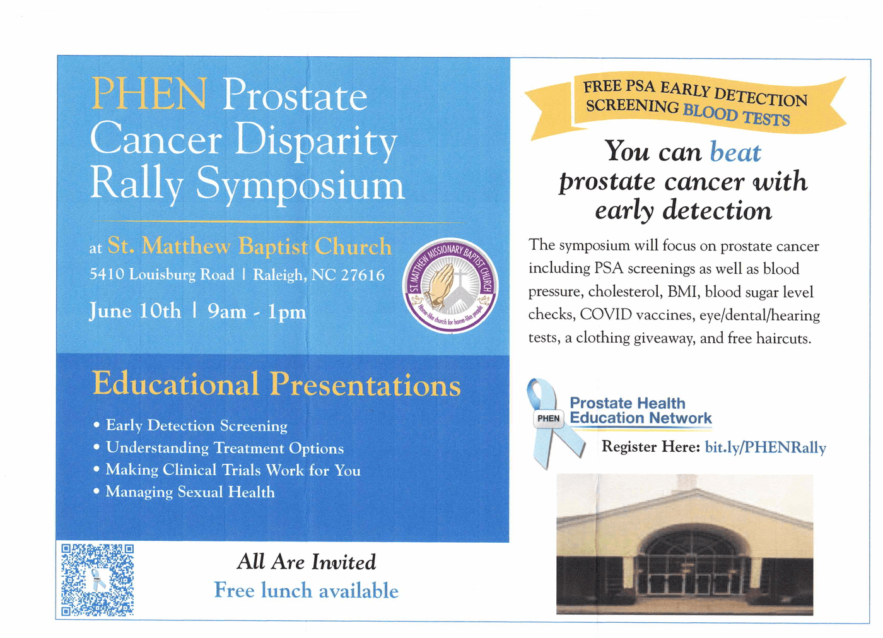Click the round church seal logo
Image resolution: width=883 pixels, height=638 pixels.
(450, 285)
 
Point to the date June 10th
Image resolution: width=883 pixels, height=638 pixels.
(135, 311)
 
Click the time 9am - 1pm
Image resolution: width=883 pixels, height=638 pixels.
(257, 312)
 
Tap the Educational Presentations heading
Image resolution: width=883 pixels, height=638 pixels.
(276, 384)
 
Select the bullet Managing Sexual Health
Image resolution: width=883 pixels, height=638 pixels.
(190, 492)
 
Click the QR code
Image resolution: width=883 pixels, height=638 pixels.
(97, 580)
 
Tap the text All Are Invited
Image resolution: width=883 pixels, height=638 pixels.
(307, 562)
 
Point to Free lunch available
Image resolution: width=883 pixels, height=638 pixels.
(307, 590)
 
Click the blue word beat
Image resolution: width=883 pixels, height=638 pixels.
(735, 152)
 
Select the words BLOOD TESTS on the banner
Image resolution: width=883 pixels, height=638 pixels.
(736, 114)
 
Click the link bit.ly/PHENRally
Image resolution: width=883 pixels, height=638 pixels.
(765, 448)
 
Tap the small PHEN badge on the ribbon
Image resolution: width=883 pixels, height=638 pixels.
(548, 418)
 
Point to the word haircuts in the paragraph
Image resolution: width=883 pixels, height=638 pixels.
(783, 339)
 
